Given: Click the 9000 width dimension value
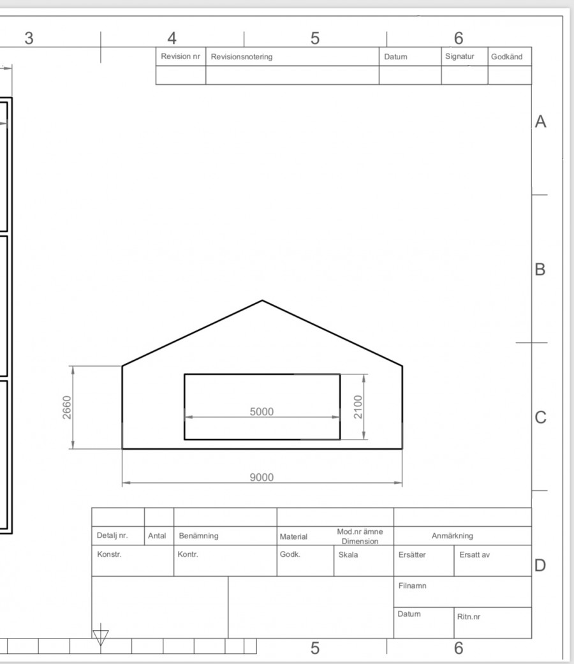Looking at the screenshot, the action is tap(261, 477).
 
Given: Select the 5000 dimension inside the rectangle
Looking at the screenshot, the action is tap(261, 411).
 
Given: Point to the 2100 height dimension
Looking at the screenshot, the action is tap(358, 407).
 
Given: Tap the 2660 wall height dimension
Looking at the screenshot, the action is tap(67, 408).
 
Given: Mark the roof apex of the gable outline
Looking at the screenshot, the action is tap(262, 300).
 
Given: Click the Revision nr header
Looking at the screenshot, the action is tap(180, 56).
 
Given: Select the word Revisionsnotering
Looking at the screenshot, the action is tap(242, 57).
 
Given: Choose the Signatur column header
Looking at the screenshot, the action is tap(460, 56).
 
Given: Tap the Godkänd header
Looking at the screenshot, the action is tap(506, 57).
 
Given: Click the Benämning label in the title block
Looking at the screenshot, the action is tap(198, 536).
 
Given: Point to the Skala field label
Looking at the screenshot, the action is tap(348, 555).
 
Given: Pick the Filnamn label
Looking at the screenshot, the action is tap(412, 586).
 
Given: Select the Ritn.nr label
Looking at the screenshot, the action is tap(469, 617).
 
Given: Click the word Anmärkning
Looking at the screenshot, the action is tap(452, 536).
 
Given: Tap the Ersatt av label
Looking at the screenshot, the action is tap(475, 555).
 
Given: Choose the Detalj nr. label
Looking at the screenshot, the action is tap(112, 535).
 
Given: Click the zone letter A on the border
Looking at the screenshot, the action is tap(541, 122).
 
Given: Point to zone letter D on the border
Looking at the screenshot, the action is tap(540, 565).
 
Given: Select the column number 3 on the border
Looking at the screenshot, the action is tap(29, 38).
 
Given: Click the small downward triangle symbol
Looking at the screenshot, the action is tap(100, 636).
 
